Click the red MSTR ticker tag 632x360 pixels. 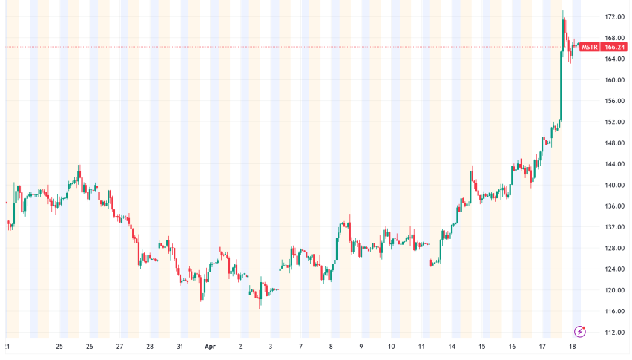click(590, 47)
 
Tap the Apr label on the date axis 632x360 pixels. click(210, 347)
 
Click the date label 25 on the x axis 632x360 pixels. click(59, 347)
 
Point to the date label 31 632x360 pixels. click(180, 347)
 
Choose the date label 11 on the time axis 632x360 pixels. click(421, 347)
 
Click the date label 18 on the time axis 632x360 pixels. click(573, 347)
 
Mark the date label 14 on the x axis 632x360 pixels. click(452, 347)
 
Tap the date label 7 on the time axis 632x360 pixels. click(300, 347)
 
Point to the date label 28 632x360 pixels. click(150, 347)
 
